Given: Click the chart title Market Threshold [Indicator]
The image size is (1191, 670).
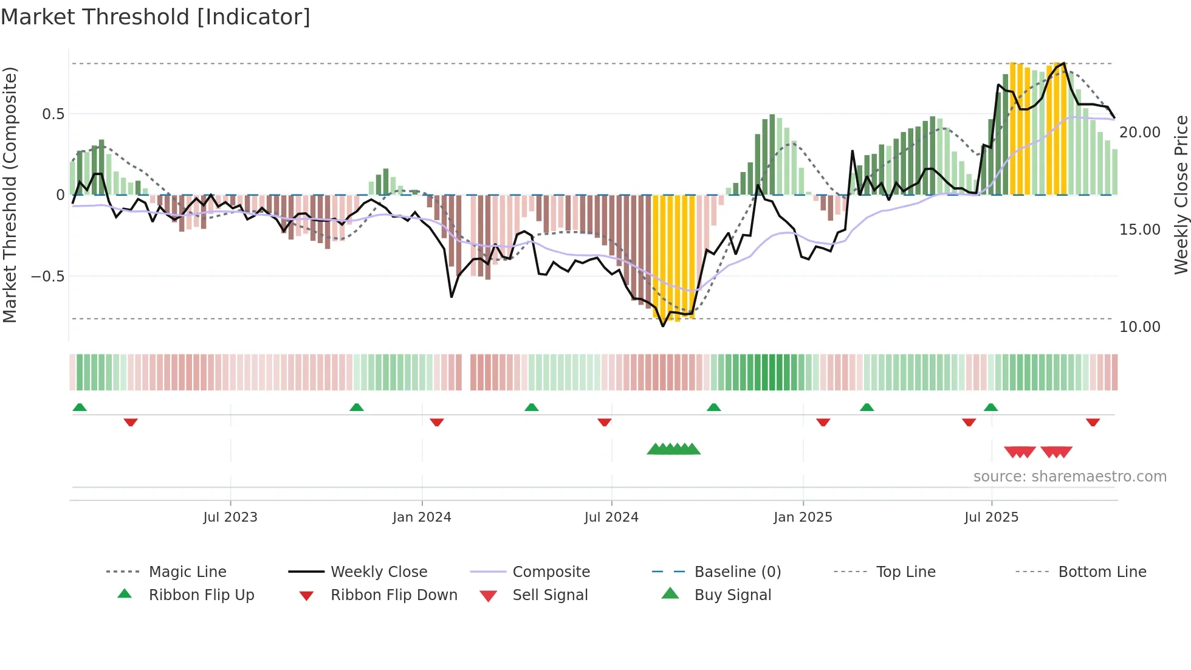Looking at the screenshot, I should pos(156,17).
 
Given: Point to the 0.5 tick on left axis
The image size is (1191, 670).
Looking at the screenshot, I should pos(53,114).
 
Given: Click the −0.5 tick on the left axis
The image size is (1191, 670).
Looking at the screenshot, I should pos(48,276).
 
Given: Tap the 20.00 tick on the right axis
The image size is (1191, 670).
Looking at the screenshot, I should pos(1139,132).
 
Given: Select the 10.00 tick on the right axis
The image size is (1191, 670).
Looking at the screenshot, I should pos(1139,326).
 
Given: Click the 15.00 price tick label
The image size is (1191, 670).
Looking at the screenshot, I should pos(1139,229).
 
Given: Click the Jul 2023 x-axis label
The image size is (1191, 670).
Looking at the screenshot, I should pos(230,517).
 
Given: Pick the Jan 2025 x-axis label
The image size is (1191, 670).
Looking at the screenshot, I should pos(803,517).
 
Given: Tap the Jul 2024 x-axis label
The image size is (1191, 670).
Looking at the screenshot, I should pos(611,517).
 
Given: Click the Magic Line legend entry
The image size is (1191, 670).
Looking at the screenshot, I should pos(187,572).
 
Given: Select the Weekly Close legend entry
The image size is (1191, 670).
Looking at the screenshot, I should pos(379,572).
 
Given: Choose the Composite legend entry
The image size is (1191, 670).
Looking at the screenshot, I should pos(551,572).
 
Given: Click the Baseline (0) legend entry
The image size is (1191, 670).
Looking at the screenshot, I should pos(737,572).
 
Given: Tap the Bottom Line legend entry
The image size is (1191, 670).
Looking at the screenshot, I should pos(1102,572).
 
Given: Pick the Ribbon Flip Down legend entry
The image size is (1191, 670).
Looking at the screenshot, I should pos(394,595).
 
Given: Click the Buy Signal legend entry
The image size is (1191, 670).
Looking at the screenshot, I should pos(732,595).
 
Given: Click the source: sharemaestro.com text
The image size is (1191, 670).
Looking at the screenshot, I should pos(1069,476).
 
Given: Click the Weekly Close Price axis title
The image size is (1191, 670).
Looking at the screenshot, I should pos(1181,195).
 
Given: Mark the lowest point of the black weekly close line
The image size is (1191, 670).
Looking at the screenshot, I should pos(663,326).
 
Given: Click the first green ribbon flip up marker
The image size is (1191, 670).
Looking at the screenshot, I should pos(80,407).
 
